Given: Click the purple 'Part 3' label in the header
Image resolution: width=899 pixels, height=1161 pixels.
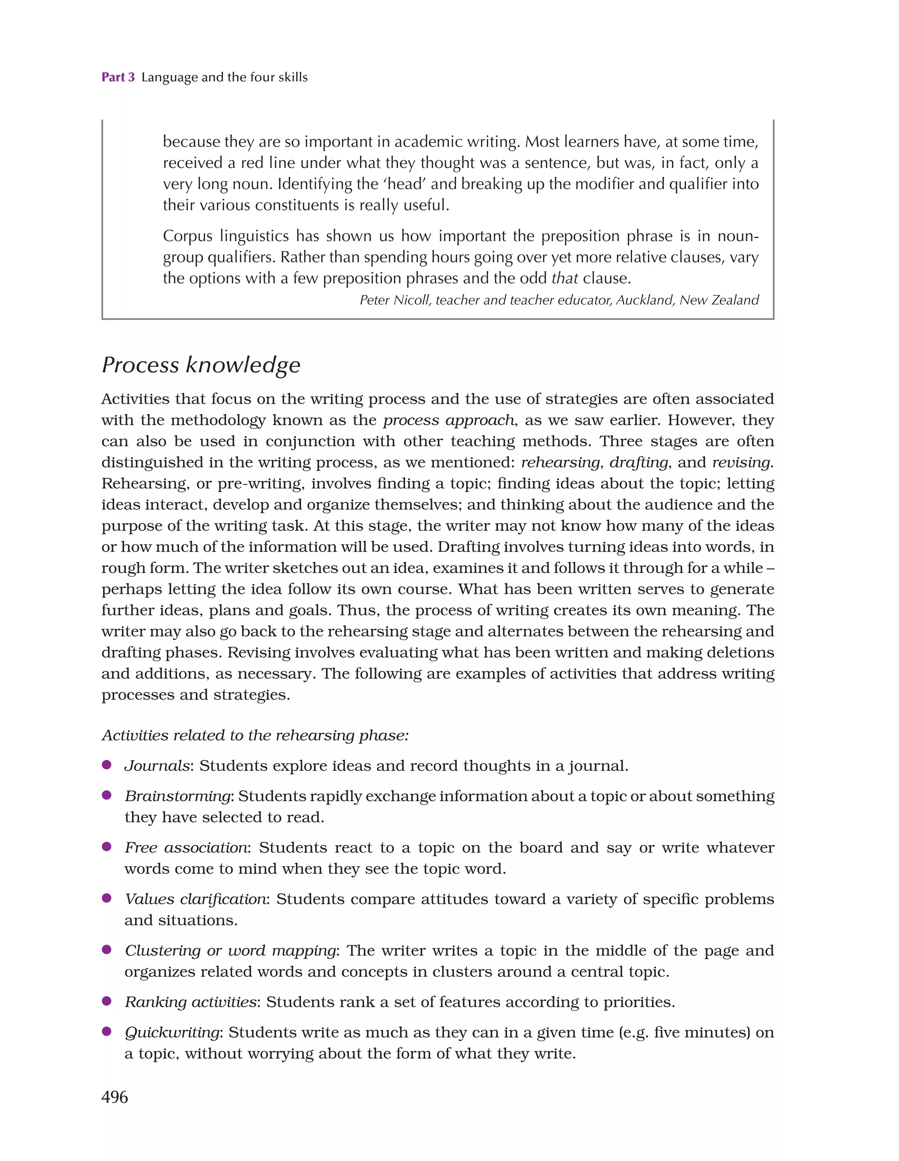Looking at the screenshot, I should click(x=118, y=77).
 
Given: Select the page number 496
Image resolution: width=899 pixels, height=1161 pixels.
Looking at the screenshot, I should click(x=115, y=1096).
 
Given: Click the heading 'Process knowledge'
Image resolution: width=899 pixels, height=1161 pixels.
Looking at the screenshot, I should click(x=201, y=365).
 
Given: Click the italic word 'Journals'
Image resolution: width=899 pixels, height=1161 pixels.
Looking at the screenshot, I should click(x=157, y=766).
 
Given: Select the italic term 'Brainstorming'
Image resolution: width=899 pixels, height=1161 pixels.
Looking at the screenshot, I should click(x=178, y=796).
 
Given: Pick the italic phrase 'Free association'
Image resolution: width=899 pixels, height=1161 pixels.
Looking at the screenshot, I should click(x=186, y=847).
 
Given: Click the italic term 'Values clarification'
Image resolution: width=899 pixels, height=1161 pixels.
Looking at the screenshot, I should click(x=195, y=899).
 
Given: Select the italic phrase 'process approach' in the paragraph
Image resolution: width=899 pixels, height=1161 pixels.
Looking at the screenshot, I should click(x=449, y=420).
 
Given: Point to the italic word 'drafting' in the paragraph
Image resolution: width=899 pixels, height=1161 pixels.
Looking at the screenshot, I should click(x=638, y=462).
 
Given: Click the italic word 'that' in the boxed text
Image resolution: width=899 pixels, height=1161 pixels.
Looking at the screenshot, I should click(x=565, y=278).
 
